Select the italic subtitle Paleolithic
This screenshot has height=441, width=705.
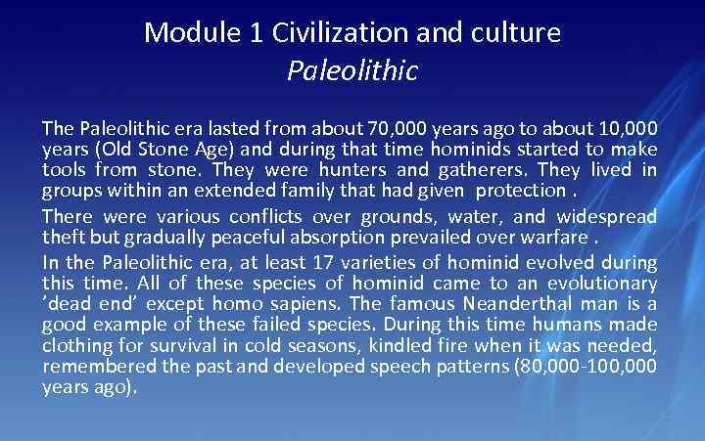(x=352, y=70)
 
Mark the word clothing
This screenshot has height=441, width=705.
(x=74, y=345)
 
